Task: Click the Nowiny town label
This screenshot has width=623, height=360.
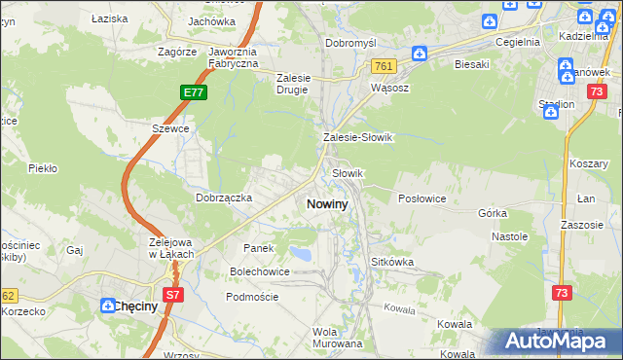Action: (327, 204)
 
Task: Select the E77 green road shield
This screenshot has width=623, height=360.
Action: (193, 92)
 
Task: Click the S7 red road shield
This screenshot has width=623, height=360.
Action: (172, 293)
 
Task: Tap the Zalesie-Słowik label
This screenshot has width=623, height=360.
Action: (357, 138)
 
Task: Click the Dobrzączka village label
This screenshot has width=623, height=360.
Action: (224, 198)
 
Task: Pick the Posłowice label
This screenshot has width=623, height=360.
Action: (422, 198)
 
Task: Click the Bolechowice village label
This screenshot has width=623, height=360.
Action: (259, 271)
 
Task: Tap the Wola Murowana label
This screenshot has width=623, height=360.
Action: (337, 337)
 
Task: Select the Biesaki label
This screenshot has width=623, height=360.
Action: (471, 65)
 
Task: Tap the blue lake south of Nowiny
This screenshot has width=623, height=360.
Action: (303, 255)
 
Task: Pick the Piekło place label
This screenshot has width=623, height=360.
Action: (43, 168)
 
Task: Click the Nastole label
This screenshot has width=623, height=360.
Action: (509, 236)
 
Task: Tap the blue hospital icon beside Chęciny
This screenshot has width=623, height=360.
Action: (106, 306)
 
